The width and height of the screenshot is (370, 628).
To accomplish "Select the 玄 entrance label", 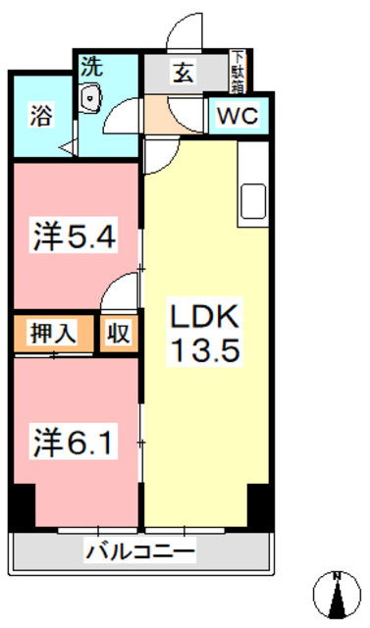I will pyautogui.click(x=184, y=74).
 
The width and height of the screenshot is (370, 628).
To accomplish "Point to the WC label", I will pyautogui.click(x=236, y=114).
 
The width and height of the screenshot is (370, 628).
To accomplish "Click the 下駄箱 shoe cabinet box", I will pyautogui.click(x=237, y=71).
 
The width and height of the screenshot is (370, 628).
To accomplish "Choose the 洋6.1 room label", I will pyautogui.click(x=76, y=443).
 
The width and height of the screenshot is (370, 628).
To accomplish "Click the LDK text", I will pyautogui.click(x=206, y=318).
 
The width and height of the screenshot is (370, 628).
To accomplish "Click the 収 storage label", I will pyautogui.click(x=118, y=333).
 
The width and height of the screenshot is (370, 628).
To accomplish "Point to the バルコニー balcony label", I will pyautogui.click(x=139, y=551).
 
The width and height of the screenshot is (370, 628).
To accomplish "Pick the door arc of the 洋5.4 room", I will pyautogui.click(x=120, y=292).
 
